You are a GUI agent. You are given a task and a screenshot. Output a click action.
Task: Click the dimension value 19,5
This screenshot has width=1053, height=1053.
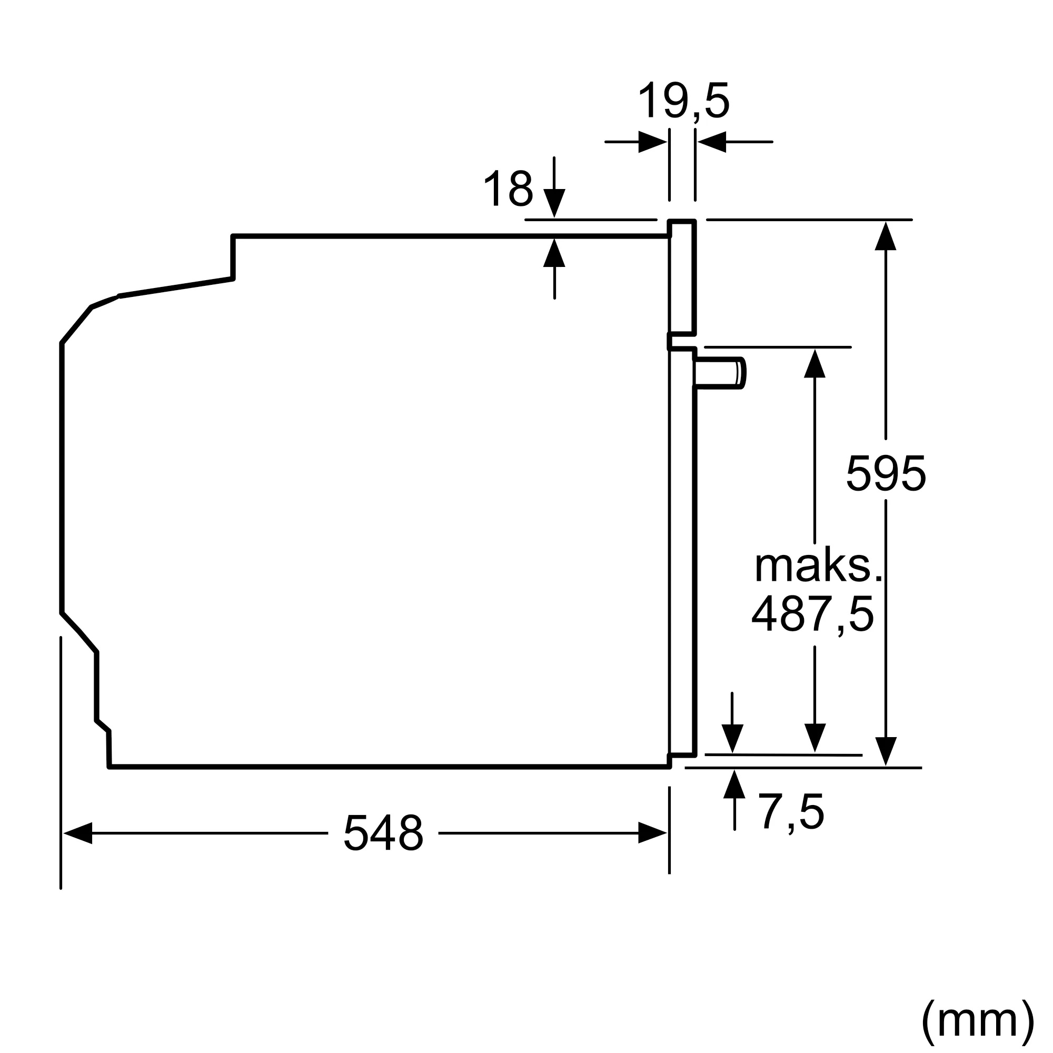click(x=683, y=102)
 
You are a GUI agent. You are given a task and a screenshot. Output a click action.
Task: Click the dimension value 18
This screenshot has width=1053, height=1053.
click(x=508, y=188)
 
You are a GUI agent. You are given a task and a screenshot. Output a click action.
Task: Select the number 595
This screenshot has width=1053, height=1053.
click(x=886, y=473)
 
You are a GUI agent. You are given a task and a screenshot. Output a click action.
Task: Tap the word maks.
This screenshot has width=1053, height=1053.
click(x=818, y=567)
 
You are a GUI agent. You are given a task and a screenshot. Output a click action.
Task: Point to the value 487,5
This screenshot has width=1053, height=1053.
click(x=812, y=614)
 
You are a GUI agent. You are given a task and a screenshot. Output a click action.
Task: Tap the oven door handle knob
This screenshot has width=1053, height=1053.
click(x=719, y=373)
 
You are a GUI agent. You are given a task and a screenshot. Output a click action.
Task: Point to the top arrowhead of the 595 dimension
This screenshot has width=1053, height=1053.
click(x=886, y=236)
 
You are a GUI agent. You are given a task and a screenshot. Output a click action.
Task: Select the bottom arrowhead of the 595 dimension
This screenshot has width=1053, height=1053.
click(x=886, y=751)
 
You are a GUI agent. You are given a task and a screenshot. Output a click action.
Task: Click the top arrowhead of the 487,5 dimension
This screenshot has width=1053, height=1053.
click(x=815, y=363)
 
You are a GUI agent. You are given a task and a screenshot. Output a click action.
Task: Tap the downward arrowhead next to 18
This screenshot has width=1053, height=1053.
click(x=554, y=203)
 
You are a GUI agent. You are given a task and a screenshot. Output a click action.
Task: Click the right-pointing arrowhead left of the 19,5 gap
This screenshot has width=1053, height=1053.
click(x=652, y=142)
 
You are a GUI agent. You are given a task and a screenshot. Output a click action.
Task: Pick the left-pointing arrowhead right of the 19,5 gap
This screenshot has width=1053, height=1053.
click(x=712, y=142)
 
